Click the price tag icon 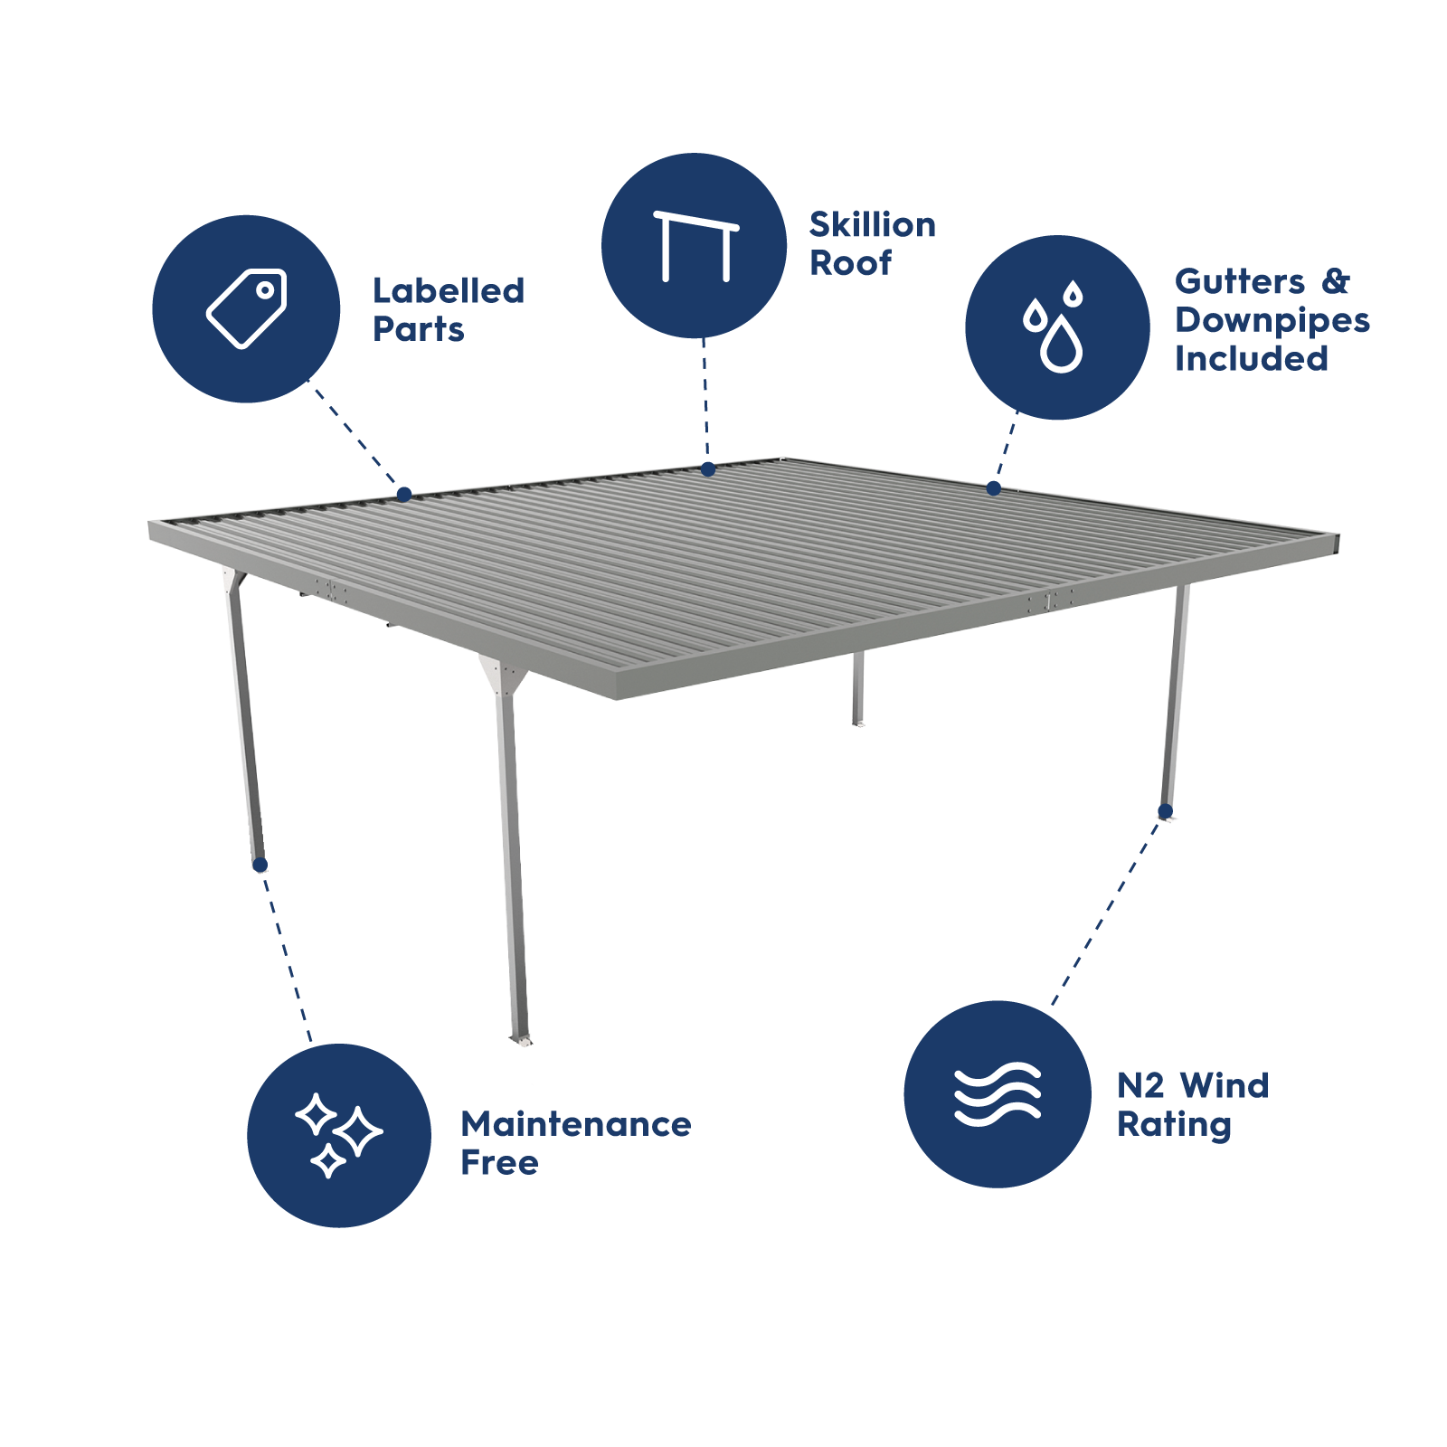(x=246, y=308)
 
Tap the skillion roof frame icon (x=695, y=246)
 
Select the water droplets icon (x=1055, y=327)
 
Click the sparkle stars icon (x=338, y=1136)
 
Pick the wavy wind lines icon (x=998, y=1094)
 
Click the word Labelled (x=449, y=291)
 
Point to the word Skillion (x=872, y=225)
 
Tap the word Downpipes (x=1272, y=320)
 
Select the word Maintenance (x=576, y=1124)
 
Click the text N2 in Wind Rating (x=1140, y=1085)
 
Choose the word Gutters (x=1240, y=281)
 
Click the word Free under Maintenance (x=499, y=1163)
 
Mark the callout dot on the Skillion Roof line (x=708, y=469)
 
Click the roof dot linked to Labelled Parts (x=404, y=495)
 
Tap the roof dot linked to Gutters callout (x=994, y=488)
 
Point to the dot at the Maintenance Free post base (x=260, y=865)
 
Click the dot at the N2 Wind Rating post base (x=1166, y=810)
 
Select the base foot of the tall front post (x=520, y=1040)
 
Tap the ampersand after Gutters (x=1336, y=281)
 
